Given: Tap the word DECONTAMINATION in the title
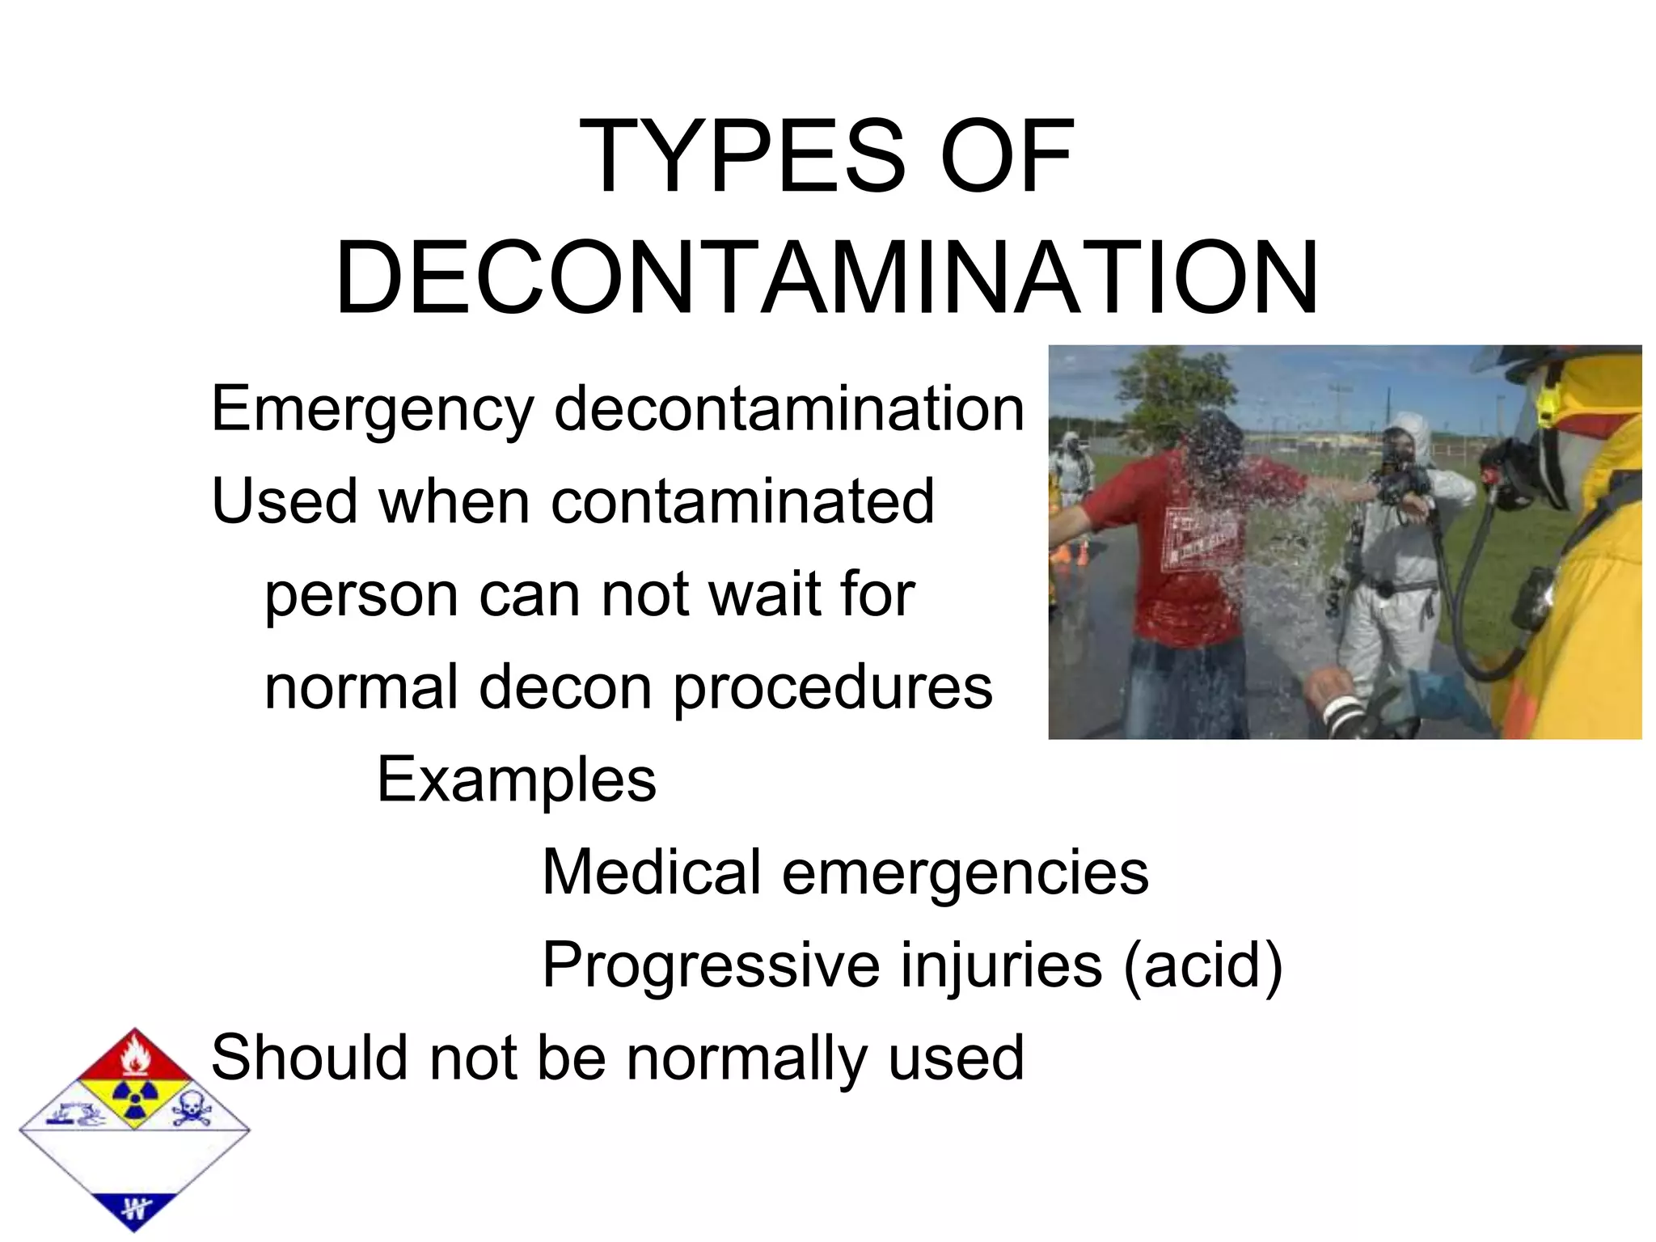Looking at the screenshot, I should (x=827, y=277).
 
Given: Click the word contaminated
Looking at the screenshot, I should (x=742, y=501).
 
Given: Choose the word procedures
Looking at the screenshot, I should (x=833, y=687).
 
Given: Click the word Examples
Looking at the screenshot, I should (x=517, y=779).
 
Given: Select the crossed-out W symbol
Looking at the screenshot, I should (x=134, y=1209).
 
